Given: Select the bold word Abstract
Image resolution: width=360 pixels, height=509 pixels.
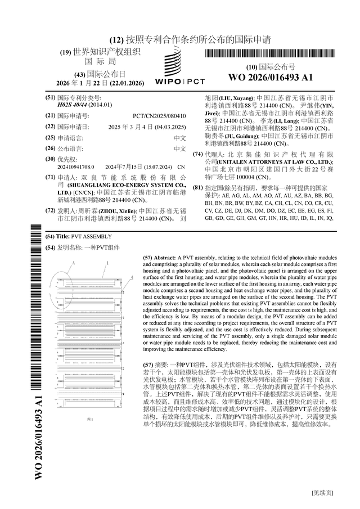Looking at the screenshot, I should click(164, 256).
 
